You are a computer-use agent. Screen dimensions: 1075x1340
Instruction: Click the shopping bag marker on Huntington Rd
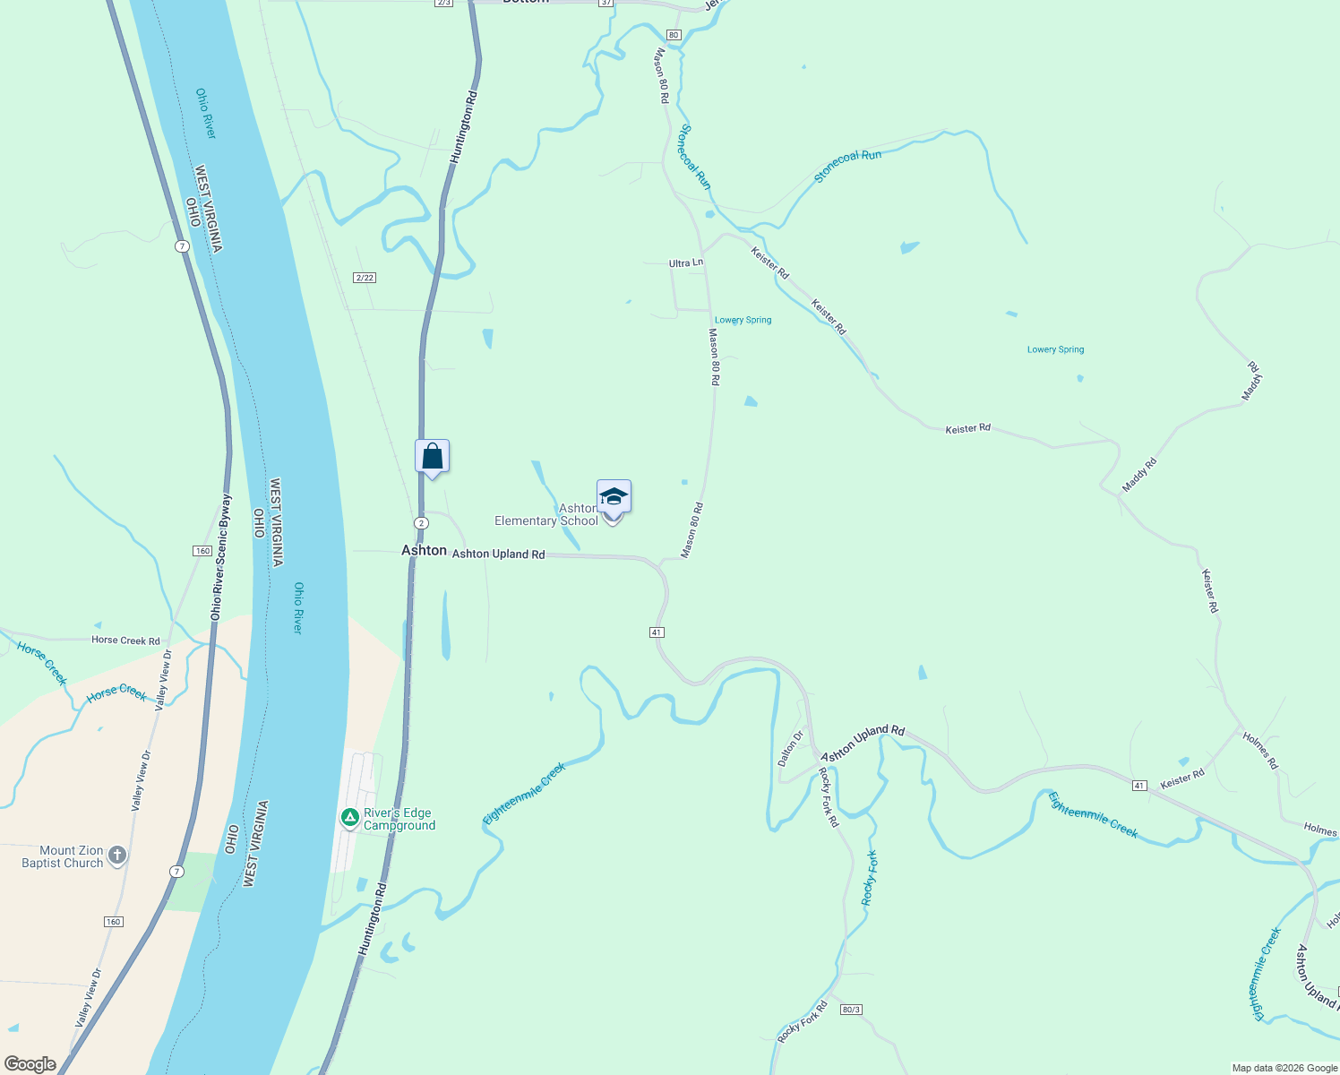432,457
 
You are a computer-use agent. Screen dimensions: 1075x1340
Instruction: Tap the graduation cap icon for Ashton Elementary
614,497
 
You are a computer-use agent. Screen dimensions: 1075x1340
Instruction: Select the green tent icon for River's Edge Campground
350,817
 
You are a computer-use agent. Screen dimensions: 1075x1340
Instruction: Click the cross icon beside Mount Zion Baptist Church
117,856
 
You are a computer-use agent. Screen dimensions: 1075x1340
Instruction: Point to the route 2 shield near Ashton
421,522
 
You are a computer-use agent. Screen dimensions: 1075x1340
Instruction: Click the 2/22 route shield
364,278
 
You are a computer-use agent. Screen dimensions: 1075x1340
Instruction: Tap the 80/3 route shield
851,1010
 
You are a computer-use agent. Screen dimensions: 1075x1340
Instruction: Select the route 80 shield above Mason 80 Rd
674,35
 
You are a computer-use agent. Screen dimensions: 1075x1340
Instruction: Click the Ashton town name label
424,550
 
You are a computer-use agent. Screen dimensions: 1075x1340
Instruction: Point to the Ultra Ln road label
685,263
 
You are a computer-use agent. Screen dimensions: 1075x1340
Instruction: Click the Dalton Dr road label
790,748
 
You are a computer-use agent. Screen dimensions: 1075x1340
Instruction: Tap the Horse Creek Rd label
125,641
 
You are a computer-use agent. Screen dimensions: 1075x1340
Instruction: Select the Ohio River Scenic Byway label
220,557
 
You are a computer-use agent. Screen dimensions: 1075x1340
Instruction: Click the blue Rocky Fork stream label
869,878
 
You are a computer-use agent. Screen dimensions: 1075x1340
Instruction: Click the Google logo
30,1063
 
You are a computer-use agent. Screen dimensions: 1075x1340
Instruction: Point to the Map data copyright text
1284,1068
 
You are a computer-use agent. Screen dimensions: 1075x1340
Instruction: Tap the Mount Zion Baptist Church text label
63,856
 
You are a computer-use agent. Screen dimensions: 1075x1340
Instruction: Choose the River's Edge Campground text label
399,819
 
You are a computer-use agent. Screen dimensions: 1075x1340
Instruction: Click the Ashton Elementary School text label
546,515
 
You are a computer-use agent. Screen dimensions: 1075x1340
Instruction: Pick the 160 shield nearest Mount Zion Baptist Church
113,922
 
